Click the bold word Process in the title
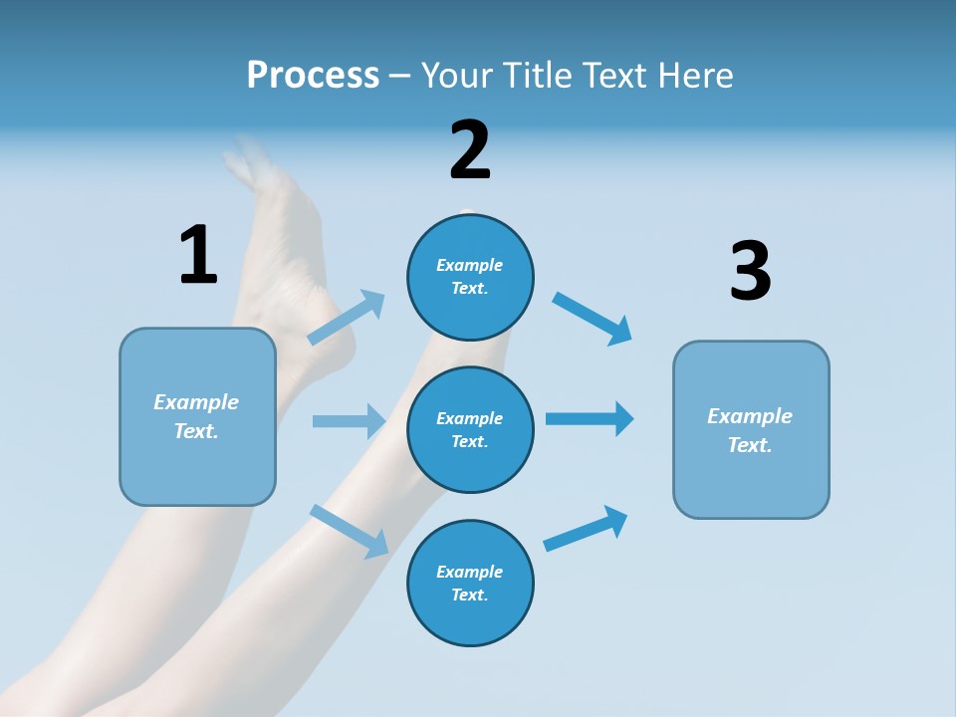313,76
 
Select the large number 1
198,256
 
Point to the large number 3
750,272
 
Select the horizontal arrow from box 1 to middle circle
349,421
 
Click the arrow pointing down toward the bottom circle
350,530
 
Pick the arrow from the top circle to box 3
593,318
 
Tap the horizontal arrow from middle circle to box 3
590,418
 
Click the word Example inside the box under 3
750,416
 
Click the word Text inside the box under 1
196,431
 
